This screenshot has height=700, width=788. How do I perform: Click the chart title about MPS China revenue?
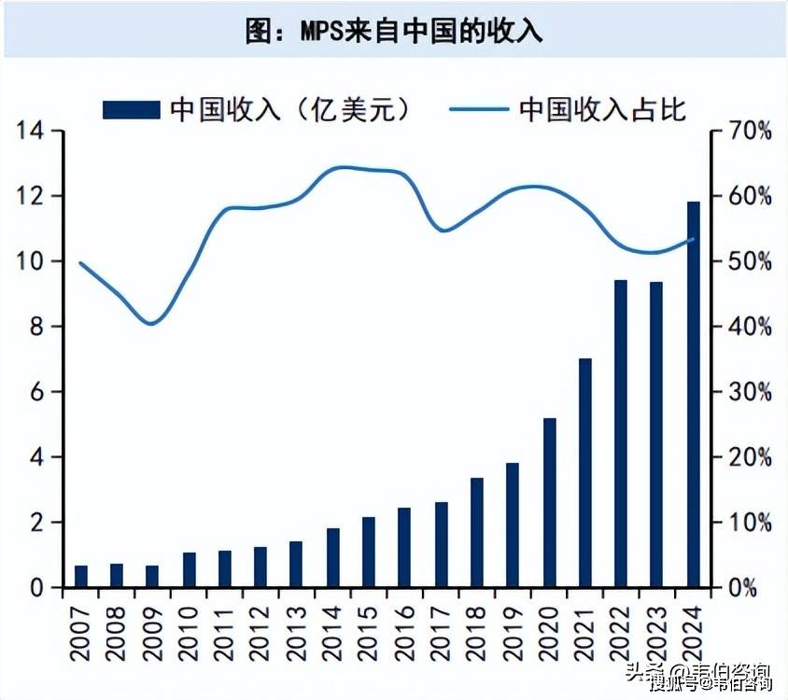click(393, 30)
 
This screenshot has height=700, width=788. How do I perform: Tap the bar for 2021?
click(585, 472)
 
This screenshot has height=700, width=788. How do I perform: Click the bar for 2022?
click(621, 433)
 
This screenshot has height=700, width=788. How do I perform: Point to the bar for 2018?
click(477, 532)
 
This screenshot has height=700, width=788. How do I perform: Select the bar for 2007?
click(81, 576)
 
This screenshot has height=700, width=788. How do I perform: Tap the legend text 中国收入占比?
click(603, 108)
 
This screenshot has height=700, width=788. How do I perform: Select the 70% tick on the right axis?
click(749, 131)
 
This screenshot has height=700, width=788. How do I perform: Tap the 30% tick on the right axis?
click(749, 392)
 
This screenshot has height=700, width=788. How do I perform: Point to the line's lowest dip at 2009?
click(152, 324)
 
